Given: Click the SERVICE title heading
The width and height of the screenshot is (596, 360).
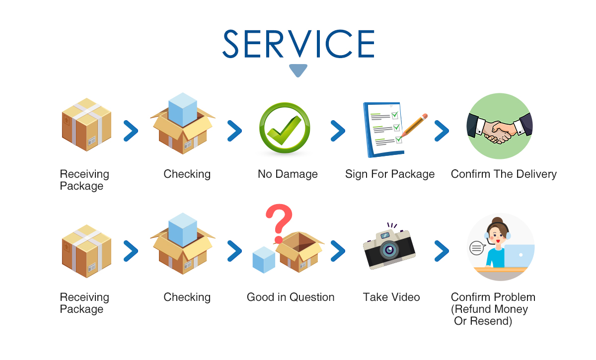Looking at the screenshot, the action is (298, 44).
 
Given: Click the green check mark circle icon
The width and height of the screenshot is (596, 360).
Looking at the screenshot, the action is (285, 128).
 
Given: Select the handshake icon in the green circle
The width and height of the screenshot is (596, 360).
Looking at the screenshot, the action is (500, 126).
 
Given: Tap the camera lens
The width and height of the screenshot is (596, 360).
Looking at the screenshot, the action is (389, 250).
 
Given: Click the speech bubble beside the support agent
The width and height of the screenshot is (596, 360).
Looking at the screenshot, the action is (477, 248).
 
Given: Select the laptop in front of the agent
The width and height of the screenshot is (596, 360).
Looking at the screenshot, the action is (519, 256).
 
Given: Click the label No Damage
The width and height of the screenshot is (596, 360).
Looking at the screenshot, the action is (288, 174).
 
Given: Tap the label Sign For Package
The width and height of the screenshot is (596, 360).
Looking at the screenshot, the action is (390, 174).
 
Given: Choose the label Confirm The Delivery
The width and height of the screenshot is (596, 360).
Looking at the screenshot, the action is (504, 174).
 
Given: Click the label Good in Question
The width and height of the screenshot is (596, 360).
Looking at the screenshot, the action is (291, 297).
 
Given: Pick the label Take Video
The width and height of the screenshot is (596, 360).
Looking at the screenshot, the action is (391, 297).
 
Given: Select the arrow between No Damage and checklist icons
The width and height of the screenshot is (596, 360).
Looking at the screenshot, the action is (338, 131).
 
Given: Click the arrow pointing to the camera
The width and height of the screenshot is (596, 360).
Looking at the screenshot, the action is (338, 251).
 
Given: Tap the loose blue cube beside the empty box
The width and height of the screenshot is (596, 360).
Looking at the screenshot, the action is (264, 260).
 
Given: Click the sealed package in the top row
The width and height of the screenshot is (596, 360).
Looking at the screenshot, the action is (86, 125).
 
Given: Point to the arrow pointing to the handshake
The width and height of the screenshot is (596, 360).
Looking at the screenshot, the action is (442, 131).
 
